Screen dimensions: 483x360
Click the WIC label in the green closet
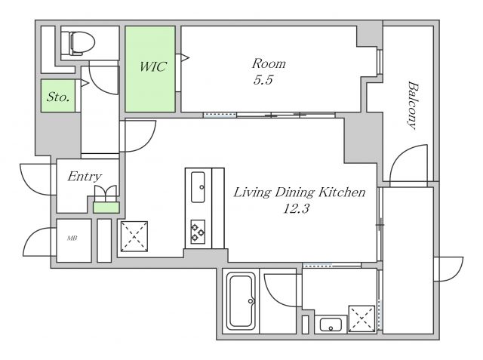coord(153,67)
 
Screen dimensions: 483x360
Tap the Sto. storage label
coord(58,97)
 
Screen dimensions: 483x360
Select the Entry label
coord(85,177)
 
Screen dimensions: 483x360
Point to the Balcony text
coord(413,106)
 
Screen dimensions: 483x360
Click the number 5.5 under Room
coord(263,80)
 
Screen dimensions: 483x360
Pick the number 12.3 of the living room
coord(296,209)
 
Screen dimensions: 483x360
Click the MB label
coord(72,238)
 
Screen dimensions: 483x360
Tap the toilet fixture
coord(82,44)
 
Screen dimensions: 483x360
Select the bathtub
coord(241,302)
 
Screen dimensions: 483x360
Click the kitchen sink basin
coord(198,187)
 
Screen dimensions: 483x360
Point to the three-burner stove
coord(198,232)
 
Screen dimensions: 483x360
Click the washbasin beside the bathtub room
coord(331,325)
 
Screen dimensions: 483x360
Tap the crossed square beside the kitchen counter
coord(134,236)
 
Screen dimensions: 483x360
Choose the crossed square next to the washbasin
coord(362,318)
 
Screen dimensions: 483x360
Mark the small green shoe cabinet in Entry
coord(106,208)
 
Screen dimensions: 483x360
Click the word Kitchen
coord(342,192)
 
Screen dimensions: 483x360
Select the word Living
coord(253,192)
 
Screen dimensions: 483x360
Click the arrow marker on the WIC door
coord(185,57)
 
